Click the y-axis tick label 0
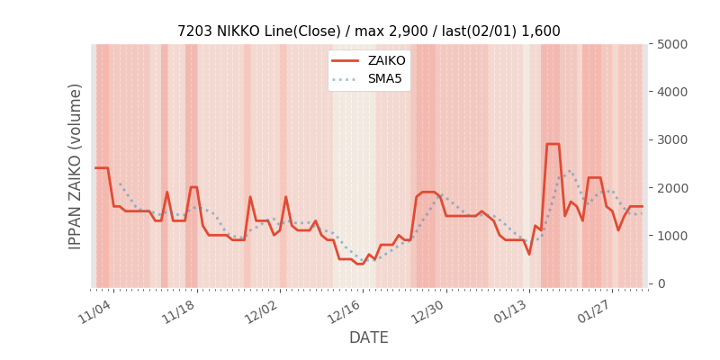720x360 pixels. pos(661,283)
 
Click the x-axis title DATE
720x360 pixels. pos(369,337)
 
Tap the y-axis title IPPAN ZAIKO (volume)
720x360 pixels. pos(76,166)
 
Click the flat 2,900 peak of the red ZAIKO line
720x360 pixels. pos(553,144)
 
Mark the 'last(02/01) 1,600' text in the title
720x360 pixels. pos(506,31)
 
